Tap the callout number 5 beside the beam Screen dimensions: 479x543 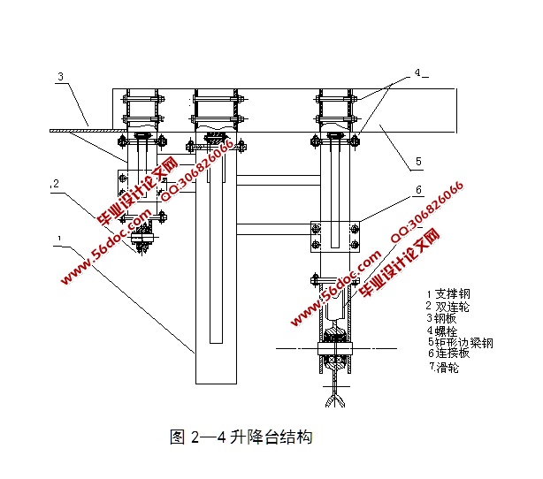click(x=417, y=162)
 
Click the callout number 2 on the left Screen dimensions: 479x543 click(x=55, y=185)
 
